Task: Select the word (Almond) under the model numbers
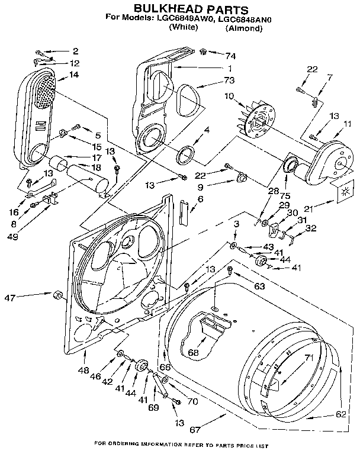[x=243, y=28]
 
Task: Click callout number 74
[x=230, y=56]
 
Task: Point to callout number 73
[x=229, y=80]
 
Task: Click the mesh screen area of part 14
[x=45, y=92]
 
